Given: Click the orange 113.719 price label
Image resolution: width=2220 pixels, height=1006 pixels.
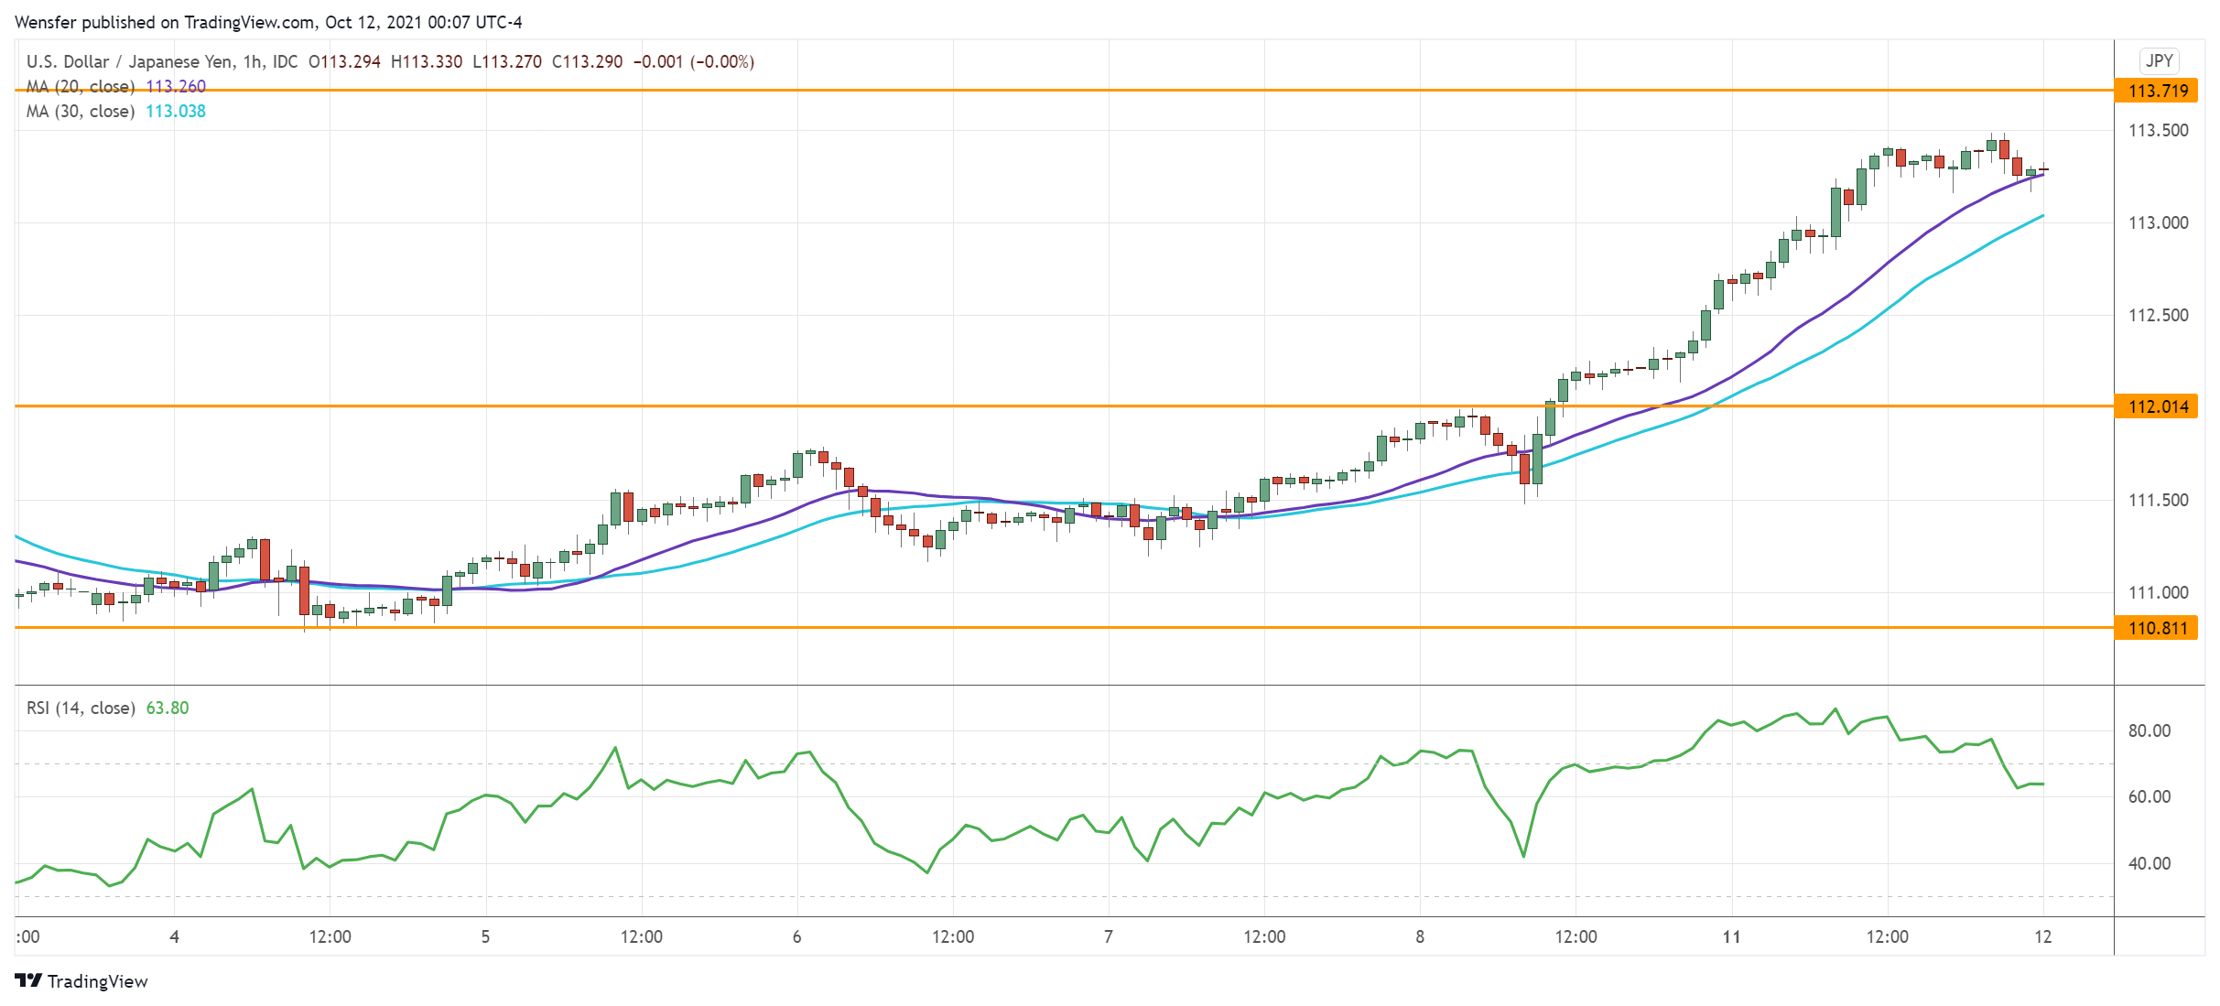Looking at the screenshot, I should pyautogui.click(x=2157, y=91).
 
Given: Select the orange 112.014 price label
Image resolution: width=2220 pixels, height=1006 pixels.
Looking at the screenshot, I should pyautogui.click(x=2157, y=406).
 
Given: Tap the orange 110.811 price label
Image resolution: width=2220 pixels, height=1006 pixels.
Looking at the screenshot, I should pyautogui.click(x=2157, y=628).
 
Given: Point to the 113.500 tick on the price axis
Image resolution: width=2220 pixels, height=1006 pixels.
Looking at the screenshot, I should pyautogui.click(x=2158, y=131).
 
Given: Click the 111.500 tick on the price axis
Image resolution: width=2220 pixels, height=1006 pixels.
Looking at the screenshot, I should pyautogui.click(x=2158, y=501).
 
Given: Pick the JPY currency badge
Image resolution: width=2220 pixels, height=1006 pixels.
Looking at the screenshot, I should pyautogui.click(x=2159, y=61).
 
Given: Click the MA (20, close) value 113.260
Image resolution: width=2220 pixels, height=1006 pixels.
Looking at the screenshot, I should pyautogui.click(x=176, y=87).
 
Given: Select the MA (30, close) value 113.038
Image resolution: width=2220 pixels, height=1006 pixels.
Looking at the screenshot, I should pyautogui.click(x=176, y=112).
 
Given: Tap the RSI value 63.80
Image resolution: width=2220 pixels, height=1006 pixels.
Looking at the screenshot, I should pyautogui.click(x=168, y=709).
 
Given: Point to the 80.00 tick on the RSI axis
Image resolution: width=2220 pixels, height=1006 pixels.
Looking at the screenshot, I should pyautogui.click(x=2149, y=731).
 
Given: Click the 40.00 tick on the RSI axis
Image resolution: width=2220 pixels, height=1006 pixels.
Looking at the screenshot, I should pyautogui.click(x=2149, y=864).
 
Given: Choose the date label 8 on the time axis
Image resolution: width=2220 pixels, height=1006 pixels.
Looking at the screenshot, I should pyautogui.click(x=1420, y=937).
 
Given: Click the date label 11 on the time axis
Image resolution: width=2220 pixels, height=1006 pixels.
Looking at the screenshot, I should pyautogui.click(x=1731, y=937).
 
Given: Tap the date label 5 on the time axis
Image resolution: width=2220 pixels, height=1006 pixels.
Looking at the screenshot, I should pyautogui.click(x=485, y=937).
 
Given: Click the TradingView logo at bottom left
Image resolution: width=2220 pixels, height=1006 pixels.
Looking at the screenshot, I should pyautogui.click(x=81, y=981).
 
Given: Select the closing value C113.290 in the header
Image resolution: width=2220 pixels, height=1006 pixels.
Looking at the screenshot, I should pyautogui.click(x=587, y=62).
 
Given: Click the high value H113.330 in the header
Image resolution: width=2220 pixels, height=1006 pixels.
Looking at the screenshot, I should pyautogui.click(x=426, y=62).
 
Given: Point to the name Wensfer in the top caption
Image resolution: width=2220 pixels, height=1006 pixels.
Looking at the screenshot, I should pyautogui.click(x=46, y=22).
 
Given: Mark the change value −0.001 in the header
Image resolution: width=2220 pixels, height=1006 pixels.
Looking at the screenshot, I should pyautogui.click(x=658, y=62).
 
